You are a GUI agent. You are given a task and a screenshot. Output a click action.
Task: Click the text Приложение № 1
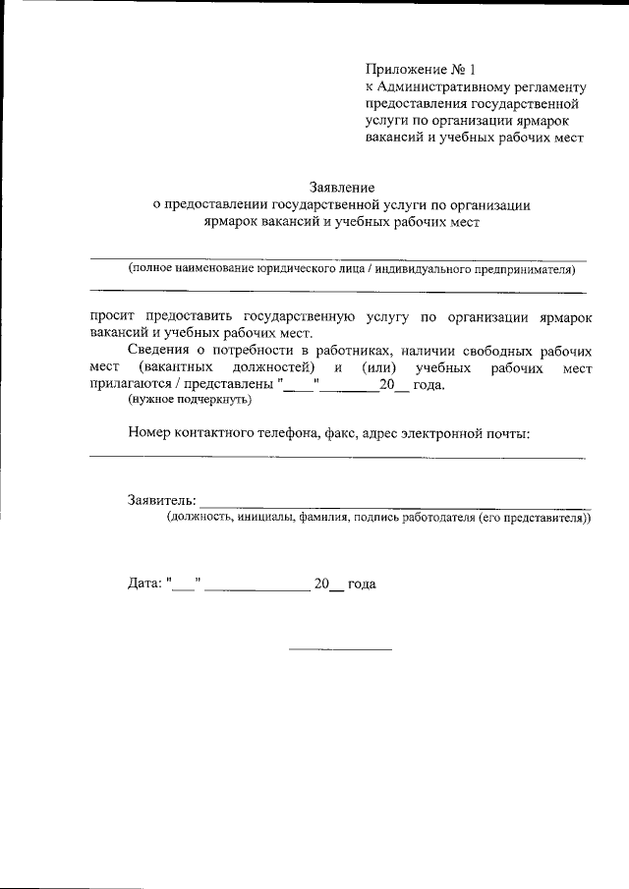420,70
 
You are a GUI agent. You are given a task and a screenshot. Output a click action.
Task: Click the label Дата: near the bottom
144,583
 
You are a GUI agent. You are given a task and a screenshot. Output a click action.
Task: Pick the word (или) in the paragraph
378,367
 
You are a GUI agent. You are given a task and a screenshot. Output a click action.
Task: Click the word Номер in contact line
149,433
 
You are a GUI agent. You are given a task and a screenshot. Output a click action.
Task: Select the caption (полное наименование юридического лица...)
350,268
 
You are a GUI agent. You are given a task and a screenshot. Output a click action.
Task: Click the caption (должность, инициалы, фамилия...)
378,517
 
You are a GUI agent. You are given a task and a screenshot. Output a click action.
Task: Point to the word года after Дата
362,583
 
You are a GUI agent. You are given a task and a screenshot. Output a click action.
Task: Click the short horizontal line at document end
339,649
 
